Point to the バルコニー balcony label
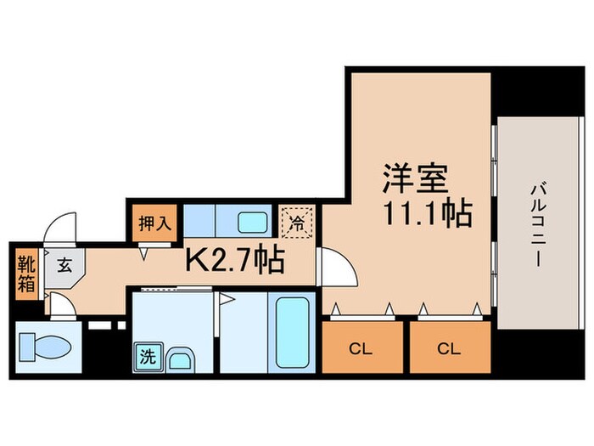[536, 225]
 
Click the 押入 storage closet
[154, 224]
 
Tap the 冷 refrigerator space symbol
[296, 223]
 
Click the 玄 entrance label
[64, 264]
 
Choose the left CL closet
[361, 347]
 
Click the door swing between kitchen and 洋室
[337, 272]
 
